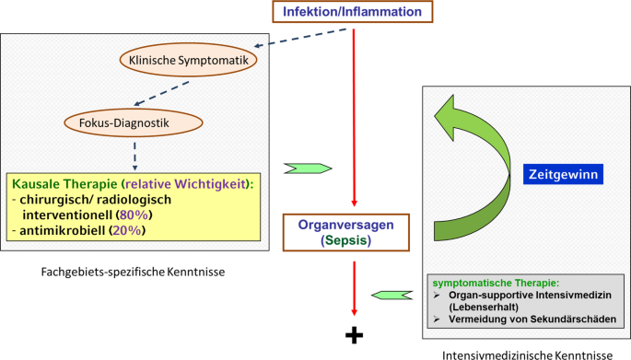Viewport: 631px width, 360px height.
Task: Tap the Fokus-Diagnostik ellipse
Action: [x=134, y=120]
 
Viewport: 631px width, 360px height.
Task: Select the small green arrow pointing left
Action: [x=391, y=295]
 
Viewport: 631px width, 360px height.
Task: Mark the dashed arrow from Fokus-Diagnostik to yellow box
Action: [x=134, y=153]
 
